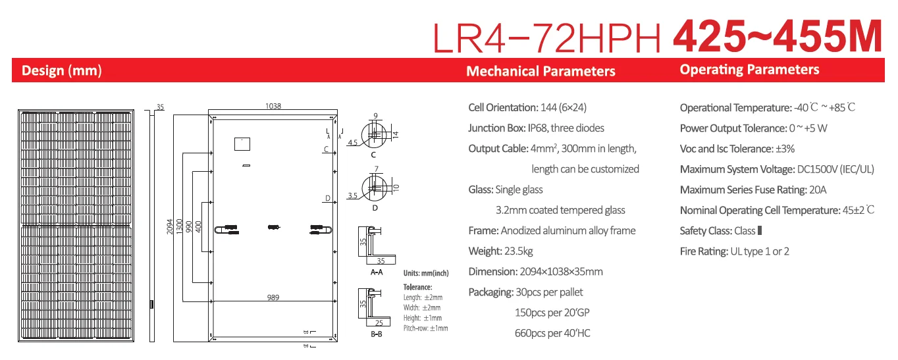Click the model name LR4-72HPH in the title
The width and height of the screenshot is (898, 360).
coord(547,38)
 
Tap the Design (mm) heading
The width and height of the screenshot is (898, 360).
coord(62,70)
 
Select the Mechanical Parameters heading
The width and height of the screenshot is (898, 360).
coord(541,71)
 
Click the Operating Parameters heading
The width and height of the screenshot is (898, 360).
coord(750,70)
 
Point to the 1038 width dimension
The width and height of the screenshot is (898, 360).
coord(273,106)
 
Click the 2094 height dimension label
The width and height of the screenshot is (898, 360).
coord(170,227)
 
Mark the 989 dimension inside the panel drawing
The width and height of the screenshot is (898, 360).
coord(273,297)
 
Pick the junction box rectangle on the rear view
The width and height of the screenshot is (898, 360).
coord(242,144)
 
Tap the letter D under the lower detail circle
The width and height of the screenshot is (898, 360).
coord(375,208)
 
